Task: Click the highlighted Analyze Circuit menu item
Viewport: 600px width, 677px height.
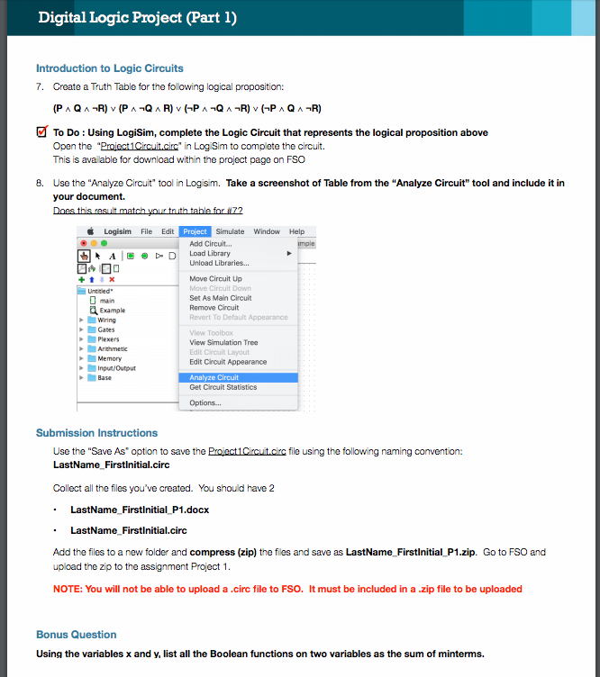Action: (214, 377)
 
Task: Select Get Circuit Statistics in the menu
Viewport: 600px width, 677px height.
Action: (223, 387)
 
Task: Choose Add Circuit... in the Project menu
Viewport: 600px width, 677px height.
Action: (210, 244)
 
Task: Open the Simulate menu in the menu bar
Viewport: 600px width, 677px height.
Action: (230, 231)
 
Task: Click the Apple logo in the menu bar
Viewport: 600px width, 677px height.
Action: (94, 231)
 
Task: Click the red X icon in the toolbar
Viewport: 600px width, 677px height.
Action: (111, 280)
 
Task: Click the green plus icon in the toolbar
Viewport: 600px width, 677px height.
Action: (83, 280)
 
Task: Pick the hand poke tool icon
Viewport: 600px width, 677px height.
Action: (84, 255)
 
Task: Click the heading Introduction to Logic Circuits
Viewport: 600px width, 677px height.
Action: (109, 68)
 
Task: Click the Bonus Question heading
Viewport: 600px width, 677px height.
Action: (76, 635)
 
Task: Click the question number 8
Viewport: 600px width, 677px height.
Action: (40, 183)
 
